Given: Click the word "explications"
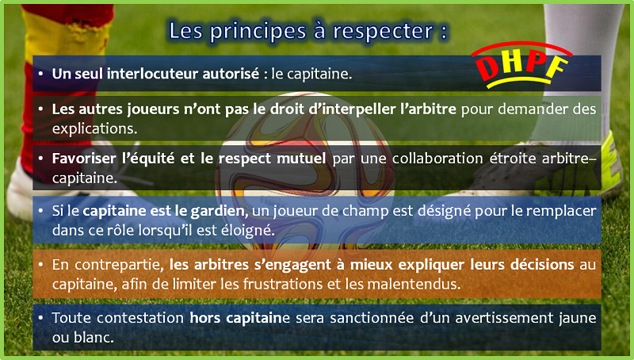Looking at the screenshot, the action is pos(94,128).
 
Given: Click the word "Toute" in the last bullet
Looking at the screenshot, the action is pos(71,318).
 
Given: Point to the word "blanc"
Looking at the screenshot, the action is pos(94,337).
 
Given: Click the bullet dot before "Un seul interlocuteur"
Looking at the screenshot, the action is pos(41,74).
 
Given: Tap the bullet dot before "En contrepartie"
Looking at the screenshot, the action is pos(41,265).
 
